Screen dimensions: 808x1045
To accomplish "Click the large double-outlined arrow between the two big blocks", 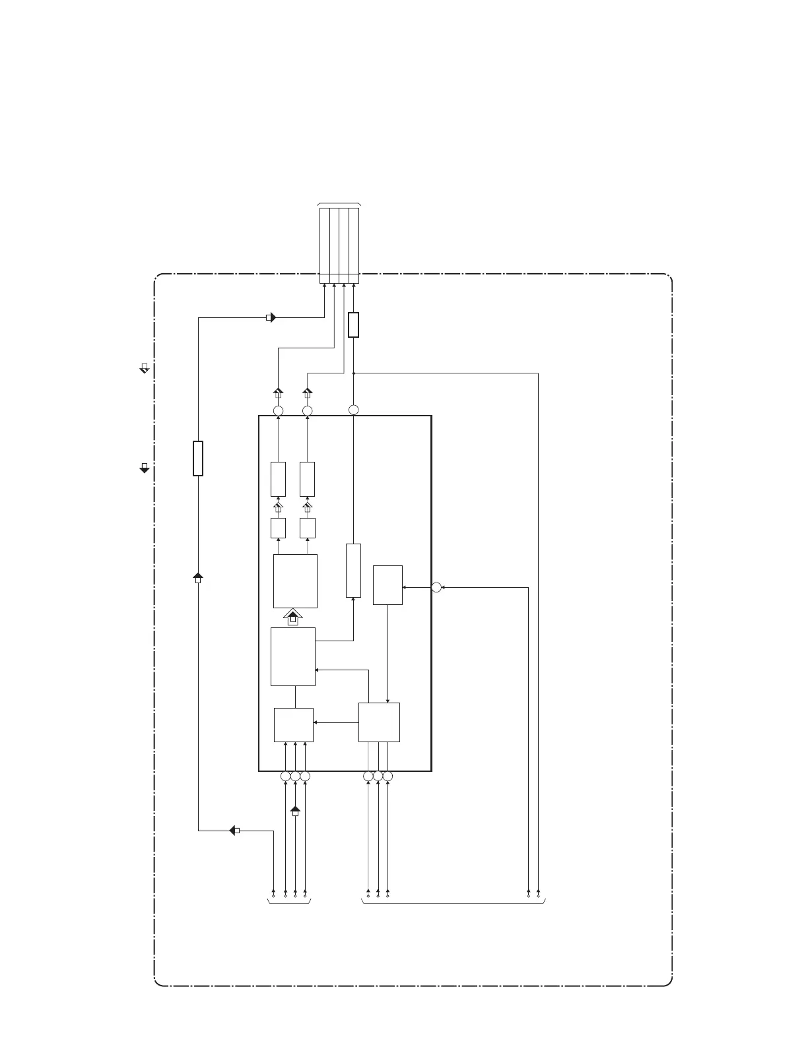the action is pyautogui.click(x=294, y=617).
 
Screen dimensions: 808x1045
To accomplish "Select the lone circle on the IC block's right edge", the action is pyautogui.click(x=436, y=587).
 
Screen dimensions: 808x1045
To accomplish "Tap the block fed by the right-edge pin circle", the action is pyautogui.click(x=387, y=585).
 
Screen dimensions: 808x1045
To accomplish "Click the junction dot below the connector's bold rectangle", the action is pyautogui.click(x=354, y=373).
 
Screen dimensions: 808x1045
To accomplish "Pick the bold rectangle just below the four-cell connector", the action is pyautogui.click(x=354, y=325).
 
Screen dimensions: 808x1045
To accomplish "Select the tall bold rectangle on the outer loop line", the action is pyautogui.click(x=198, y=459).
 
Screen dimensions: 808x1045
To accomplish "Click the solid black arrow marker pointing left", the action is pyautogui.click(x=234, y=830).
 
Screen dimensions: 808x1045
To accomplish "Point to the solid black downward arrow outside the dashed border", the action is pyautogui.click(x=145, y=468).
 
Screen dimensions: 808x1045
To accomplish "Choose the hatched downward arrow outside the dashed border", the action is pyautogui.click(x=145, y=368).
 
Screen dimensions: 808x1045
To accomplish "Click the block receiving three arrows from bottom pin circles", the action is pyautogui.click(x=294, y=724).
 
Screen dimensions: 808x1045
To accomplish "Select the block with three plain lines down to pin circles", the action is pyautogui.click(x=379, y=722).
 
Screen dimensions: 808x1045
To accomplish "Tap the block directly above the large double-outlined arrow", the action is pyautogui.click(x=295, y=581).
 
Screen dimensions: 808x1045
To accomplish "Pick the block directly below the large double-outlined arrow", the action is pyautogui.click(x=293, y=656).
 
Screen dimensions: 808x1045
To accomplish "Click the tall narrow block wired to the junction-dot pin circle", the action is pyautogui.click(x=354, y=571).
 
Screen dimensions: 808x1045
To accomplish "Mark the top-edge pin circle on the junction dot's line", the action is pyautogui.click(x=354, y=410).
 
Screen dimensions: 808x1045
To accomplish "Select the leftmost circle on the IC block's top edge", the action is pyautogui.click(x=279, y=411).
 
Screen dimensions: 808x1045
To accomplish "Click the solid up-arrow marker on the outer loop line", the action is pyautogui.click(x=198, y=579).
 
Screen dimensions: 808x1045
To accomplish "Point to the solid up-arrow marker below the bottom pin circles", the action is pyautogui.click(x=295, y=810).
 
